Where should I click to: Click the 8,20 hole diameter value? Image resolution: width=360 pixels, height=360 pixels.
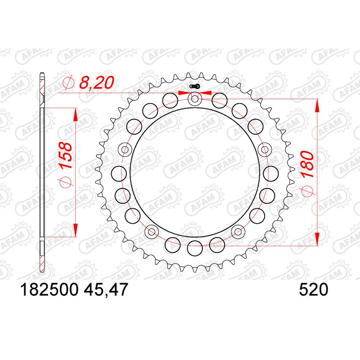click(96, 83)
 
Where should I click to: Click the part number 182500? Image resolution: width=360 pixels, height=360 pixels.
click(49, 291)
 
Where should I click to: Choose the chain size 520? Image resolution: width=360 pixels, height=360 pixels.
click(313, 291)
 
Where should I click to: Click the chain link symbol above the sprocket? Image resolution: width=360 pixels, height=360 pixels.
click(195, 87)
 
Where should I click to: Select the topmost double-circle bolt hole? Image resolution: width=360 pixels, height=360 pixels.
click(195, 99)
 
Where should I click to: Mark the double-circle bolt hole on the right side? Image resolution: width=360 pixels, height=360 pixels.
click(265, 149)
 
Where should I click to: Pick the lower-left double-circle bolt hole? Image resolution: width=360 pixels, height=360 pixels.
click(152, 232)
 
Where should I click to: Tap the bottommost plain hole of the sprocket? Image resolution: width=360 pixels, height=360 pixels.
click(195, 246)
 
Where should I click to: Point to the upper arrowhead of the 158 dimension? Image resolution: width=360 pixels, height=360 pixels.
click(75, 114)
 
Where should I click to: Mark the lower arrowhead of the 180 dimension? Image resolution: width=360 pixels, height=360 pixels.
click(318, 238)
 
